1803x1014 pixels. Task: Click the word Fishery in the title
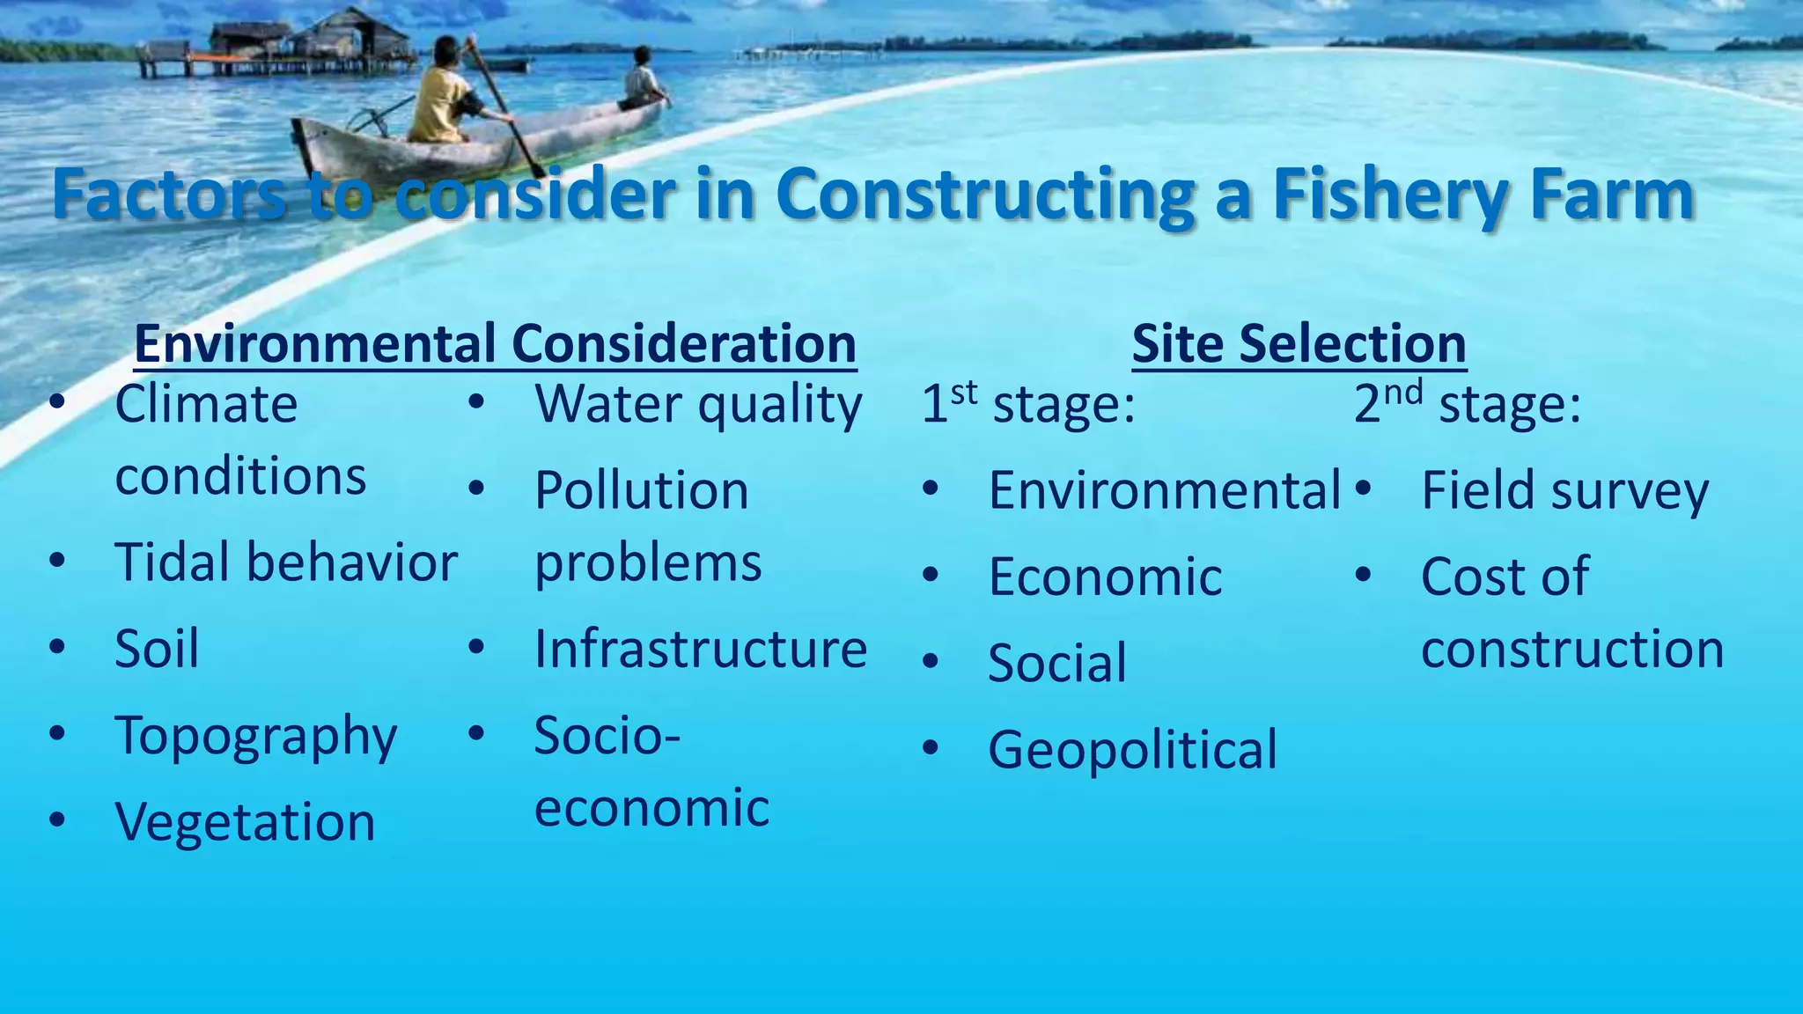click(1390, 196)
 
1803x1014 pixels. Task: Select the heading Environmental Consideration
click(495, 343)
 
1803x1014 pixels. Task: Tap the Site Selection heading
click(1299, 343)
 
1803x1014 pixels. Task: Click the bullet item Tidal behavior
click(285, 562)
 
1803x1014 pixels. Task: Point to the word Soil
click(157, 650)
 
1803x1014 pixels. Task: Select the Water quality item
click(698, 406)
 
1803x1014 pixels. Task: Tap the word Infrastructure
click(701, 650)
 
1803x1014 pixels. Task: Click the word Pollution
click(641, 491)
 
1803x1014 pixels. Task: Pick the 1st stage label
click(1027, 404)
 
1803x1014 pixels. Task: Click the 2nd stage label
click(1467, 404)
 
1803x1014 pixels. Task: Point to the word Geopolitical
click(1132, 750)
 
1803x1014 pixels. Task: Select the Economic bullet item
click(1105, 577)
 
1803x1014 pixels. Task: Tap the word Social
click(1056, 664)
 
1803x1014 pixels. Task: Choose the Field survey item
click(1564, 491)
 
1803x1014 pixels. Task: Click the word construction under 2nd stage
click(1572, 650)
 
